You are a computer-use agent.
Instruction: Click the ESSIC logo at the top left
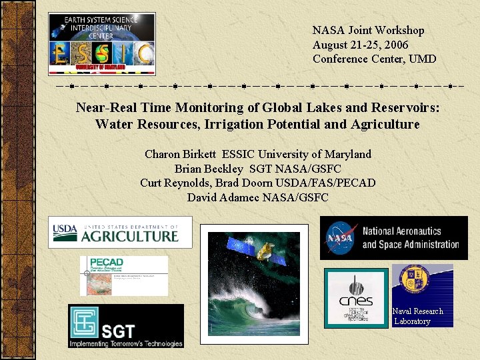click(x=101, y=43)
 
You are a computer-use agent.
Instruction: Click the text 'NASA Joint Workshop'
click(x=368, y=30)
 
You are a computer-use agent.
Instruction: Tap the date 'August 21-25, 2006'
click(x=360, y=45)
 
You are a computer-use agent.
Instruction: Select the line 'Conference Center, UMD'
click(x=374, y=59)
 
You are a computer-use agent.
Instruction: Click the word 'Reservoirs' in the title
click(x=406, y=107)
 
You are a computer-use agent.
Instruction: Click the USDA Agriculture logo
click(x=120, y=233)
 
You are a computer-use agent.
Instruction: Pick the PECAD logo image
click(x=124, y=276)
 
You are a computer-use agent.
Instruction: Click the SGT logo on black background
click(x=125, y=326)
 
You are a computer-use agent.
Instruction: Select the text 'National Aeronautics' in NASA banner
click(x=401, y=231)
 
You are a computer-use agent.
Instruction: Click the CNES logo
click(x=355, y=296)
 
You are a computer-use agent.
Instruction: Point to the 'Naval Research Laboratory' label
click(x=417, y=316)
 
